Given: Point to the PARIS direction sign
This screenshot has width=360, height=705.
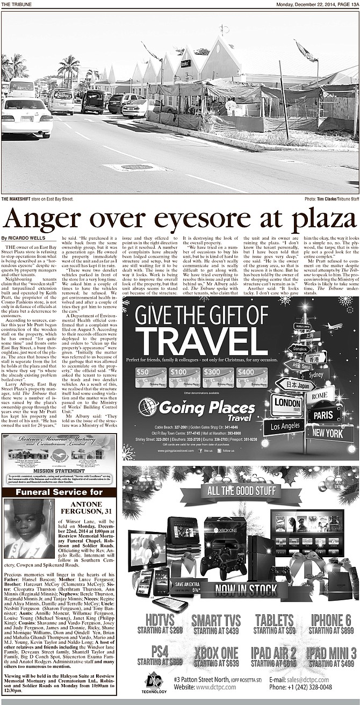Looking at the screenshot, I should (x=324, y=415).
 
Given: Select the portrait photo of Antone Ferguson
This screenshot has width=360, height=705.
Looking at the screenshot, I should (x=30, y=528).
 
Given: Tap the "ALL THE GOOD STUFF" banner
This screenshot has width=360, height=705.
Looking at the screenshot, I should (x=240, y=490).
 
